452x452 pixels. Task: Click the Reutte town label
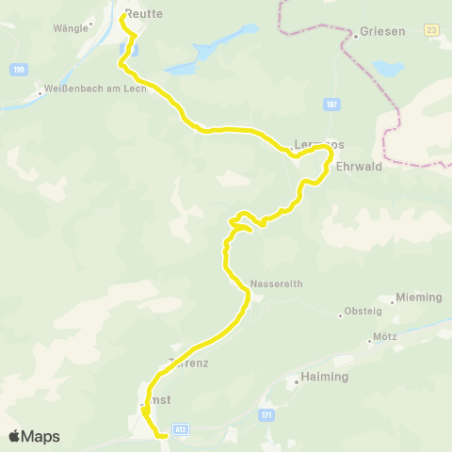tap(144, 13)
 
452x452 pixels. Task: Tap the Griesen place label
tap(382, 31)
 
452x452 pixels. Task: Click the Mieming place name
tap(419, 298)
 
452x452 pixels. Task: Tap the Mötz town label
tap(384, 337)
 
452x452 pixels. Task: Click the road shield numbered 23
tap(431, 30)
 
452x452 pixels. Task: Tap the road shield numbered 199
tap(19, 70)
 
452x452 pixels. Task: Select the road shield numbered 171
tap(266, 414)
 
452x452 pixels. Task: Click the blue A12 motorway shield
tap(182, 426)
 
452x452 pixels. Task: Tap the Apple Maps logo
tap(34, 436)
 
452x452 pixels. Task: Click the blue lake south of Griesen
tap(386, 68)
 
